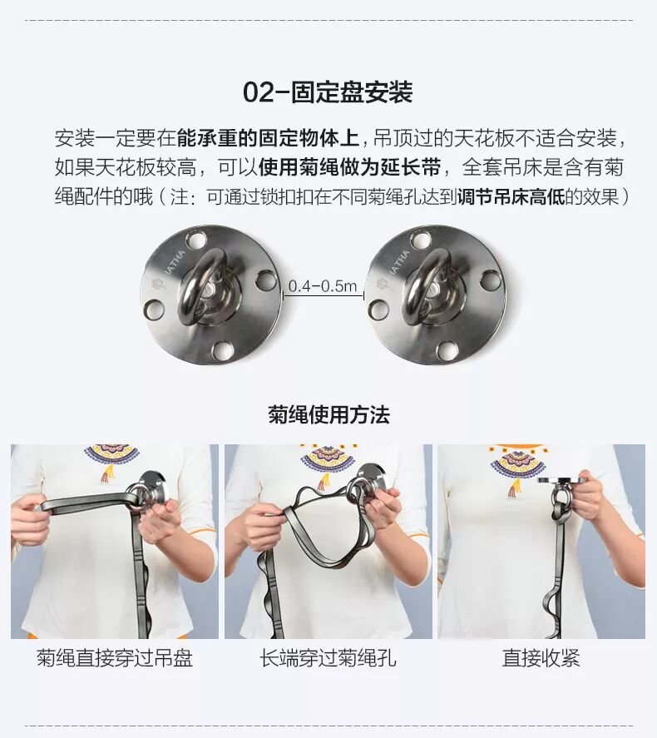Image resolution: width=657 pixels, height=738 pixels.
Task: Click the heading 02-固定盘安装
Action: click(328, 92)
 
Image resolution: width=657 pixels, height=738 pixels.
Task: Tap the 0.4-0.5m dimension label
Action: click(323, 286)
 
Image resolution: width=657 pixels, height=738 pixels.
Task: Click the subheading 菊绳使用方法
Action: click(328, 414)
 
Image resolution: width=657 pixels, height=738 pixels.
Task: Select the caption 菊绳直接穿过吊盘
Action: click(115, 657)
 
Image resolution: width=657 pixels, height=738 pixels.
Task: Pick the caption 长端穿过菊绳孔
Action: click(328, 657)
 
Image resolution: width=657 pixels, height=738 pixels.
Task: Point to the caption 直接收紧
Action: click(541, 657)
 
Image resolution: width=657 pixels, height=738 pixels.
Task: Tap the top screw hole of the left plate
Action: click(196, 240)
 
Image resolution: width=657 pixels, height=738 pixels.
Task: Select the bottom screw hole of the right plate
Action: click(447, 350)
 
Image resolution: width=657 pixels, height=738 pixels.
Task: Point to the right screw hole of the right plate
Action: click(491, 280)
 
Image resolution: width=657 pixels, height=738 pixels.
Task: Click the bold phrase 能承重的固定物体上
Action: click(268, 138)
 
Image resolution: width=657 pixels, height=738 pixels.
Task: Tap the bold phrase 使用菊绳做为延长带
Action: click(349, 167)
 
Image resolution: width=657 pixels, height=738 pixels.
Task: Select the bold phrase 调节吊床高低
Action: click(511, 196)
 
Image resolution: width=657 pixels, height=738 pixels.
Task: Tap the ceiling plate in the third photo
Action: click(562, 481)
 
